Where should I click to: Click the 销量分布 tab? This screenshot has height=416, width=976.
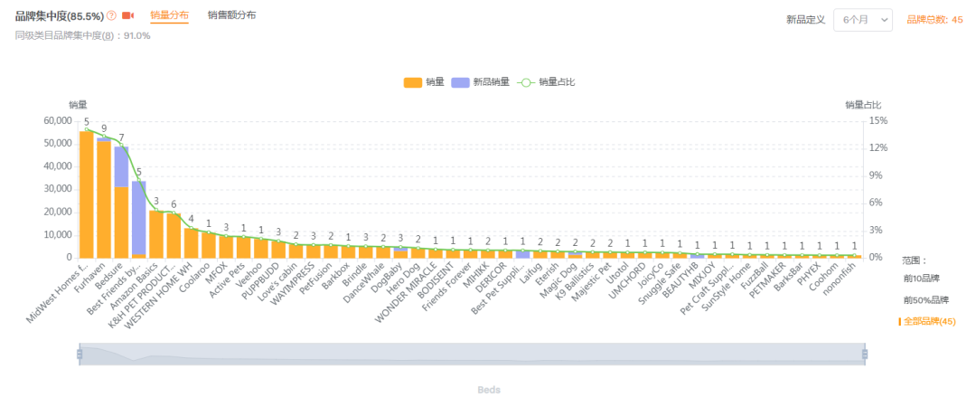point(169,15)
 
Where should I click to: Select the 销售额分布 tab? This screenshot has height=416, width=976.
point(231,15)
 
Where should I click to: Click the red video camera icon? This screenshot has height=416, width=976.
point(127,16)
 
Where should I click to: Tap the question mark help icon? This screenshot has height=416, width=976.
point(111,16)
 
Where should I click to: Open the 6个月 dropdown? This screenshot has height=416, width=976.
point(862,20)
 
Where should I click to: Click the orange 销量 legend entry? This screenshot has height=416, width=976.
point(424,82)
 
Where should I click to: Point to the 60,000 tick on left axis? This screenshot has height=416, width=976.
point(57,120)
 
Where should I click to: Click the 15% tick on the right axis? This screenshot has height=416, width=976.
point(878,120)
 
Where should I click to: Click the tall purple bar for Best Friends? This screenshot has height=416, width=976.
point(139,217)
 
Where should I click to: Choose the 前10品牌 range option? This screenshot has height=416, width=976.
point(921,278)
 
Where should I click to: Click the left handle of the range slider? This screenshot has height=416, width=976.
point(80,354)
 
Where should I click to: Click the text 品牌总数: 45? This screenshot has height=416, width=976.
point(934,20)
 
